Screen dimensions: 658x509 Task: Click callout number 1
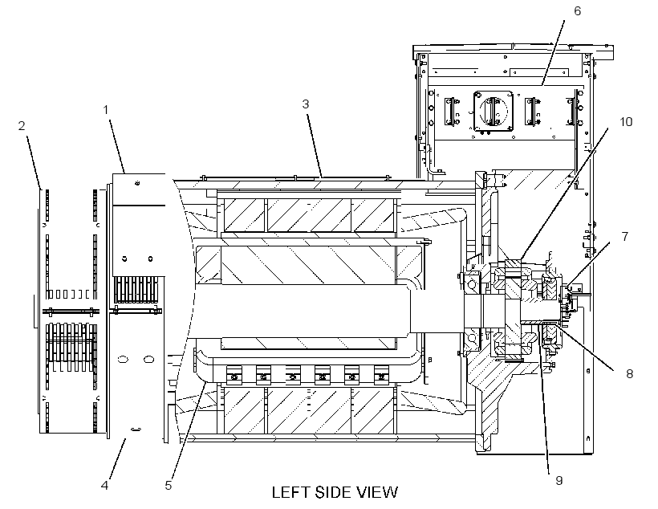click(x=106, y=110)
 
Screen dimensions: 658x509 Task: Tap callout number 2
click(x=22, y=125)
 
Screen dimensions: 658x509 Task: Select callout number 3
click(x=306, y=104)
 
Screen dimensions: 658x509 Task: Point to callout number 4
click(x=104, y=486)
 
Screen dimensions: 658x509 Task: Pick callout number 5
click(x=169, y=486)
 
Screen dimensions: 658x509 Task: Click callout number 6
click(x=578, y=11)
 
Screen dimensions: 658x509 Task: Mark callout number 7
click(x=625, y=237)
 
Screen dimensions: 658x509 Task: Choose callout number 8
click(x=629, y=373)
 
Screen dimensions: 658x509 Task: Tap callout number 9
click(x=559, y=480)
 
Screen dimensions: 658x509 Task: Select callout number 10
click(x=626, y=122)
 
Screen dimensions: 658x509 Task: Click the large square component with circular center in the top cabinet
click(x=493, y=112)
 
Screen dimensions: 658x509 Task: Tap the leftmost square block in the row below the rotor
click(x=234, y=376)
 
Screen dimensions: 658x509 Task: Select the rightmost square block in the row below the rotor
click(x=381, y=376)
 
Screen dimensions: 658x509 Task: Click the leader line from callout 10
click(x=563, y=193)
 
